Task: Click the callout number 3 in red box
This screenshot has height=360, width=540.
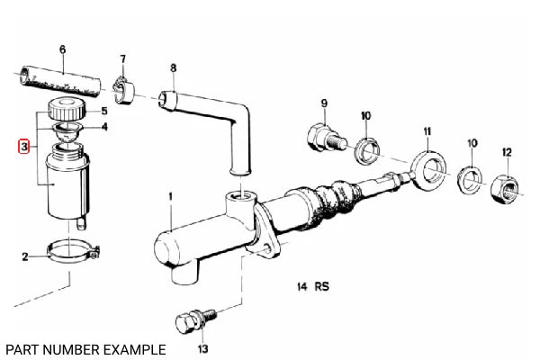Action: pyautogui.click(x=24, y=146)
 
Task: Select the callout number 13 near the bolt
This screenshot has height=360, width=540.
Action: pyautogui.click(x=202, y=347)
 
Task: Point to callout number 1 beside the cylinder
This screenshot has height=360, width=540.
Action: pyautogui.click(x=168, y=196)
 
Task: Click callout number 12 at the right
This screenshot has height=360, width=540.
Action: pyautogui.click(x=508, y=151)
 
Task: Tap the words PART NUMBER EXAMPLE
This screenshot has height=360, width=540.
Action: pyautogui.click(x=85, y=347)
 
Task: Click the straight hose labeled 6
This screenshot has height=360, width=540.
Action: pyautogui.click(x=59, y=80)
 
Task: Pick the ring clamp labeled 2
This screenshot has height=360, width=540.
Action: pyautogui.click(x=68, y=249)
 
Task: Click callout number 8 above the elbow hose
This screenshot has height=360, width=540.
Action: pyautogui.click(x=173, y=67)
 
